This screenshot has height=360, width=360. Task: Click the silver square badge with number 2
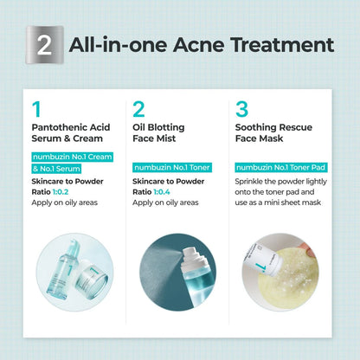pyautogui.click(x=44, y=45)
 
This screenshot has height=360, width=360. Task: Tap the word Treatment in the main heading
pyautogui.click(x=282, y=45)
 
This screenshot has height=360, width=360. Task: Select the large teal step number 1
pyautogui.click(x=36, y=109)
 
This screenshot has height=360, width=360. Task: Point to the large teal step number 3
pyautogui.click(x=241, y=109)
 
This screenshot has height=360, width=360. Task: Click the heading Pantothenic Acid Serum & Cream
pyautogui.click(x=71, y=132)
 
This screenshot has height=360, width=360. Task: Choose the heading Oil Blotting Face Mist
pyautogui.click(x=158, y=132)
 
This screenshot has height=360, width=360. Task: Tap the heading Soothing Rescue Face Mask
pyautogui.click(x=273, y=132)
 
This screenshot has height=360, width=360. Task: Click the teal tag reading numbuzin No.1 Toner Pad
pyautogui.click(x=281, y=167)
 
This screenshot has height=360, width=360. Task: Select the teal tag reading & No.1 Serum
pyautogui.click(x=56, y=169)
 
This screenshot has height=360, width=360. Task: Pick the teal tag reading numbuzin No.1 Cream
pyautogui.click(x=72, y=157)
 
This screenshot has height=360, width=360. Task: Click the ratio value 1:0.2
pyautogui.click(x=61, y=192)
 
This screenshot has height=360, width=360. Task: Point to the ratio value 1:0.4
pyautogui.click(x=162, y=192)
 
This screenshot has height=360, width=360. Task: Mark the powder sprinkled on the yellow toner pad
pyautogui.click(x=288, y=274)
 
